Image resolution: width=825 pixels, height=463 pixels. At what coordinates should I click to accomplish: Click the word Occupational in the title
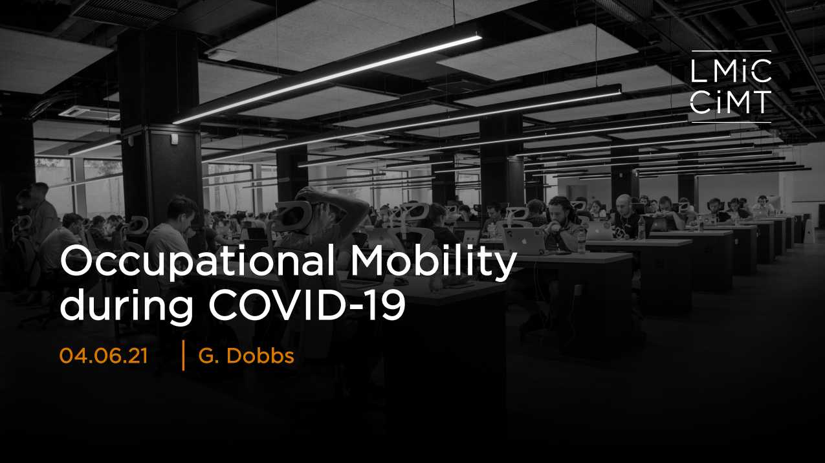pyautogui.click(x=198, y=262)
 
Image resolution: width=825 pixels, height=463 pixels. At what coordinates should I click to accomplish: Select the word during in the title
pyautogui.click(x=126, y=306)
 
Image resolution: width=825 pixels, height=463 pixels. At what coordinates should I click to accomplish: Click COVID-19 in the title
pyautogui.click(x=307, y=305)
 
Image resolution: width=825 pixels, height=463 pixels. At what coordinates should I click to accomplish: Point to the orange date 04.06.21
pyautogui.click(x=104, y=356)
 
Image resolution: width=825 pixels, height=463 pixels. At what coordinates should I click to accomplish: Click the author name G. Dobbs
pyautogui.click(x=246, y=356)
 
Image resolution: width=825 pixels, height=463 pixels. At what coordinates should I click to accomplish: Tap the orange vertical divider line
pyautogui.click(x=183, y=355)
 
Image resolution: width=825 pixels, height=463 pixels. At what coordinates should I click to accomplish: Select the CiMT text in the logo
pyautogui.click(x=731, y=102)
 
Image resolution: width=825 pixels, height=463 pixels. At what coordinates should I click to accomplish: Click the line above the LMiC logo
pyautogui.click(x=731, y=51)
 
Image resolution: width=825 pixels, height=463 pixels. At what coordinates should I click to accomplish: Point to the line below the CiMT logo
pyautogui.click(x=731, y=122)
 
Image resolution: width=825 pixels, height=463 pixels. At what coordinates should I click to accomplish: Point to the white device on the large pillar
pyautogui.click(x=174, y=139)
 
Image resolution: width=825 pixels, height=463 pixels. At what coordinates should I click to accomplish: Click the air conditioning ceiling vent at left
pyautogui.click(x=89, y=113)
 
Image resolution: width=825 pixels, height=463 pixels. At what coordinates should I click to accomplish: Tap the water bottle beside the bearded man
pyautogui.click(x=582, y=241)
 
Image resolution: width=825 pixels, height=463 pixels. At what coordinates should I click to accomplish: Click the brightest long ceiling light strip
pyautogui.click(x=327, y=79)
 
